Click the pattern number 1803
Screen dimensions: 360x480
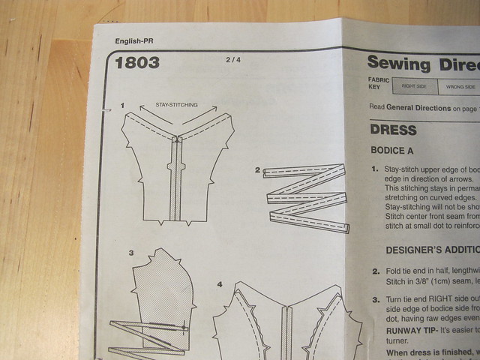(137, 63)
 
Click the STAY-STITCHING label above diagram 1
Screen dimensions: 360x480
(177, 105)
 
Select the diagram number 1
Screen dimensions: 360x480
(122, 106)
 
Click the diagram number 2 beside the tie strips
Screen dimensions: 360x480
(257, 171)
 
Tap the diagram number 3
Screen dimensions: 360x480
(130, 253)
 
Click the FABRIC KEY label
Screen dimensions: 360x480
(377, 84)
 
